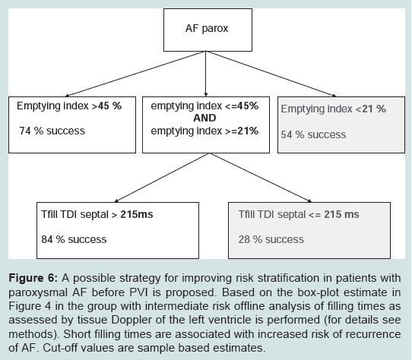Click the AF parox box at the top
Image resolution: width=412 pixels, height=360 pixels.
(208, 30)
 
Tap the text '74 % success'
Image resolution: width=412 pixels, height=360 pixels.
(52, 131)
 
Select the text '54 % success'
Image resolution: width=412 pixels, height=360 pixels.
(313, 134)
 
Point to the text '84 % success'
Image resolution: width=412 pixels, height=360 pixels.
(74, 239)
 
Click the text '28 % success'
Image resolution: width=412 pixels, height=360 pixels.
(271, 239)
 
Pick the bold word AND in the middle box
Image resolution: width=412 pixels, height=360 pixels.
(204, 118)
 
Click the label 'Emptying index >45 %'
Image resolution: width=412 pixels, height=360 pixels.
(69, 106)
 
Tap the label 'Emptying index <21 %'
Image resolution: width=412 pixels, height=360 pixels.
(333, 109)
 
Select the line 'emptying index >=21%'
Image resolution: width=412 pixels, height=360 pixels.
(204, 131)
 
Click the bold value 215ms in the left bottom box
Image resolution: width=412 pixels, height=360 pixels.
(137, 214)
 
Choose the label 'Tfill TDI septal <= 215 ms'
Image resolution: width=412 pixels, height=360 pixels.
(299, 214)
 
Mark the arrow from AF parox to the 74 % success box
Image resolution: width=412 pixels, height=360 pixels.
(135, 74)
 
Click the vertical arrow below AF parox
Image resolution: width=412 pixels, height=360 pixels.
(206, 74)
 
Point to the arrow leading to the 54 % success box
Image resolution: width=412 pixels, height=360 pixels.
(271, 74)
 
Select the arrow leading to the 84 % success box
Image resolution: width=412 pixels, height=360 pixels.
(162, 178)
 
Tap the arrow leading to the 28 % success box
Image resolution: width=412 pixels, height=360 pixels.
(261, 178)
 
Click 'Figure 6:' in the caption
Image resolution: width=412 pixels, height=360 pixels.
(33, 278)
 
